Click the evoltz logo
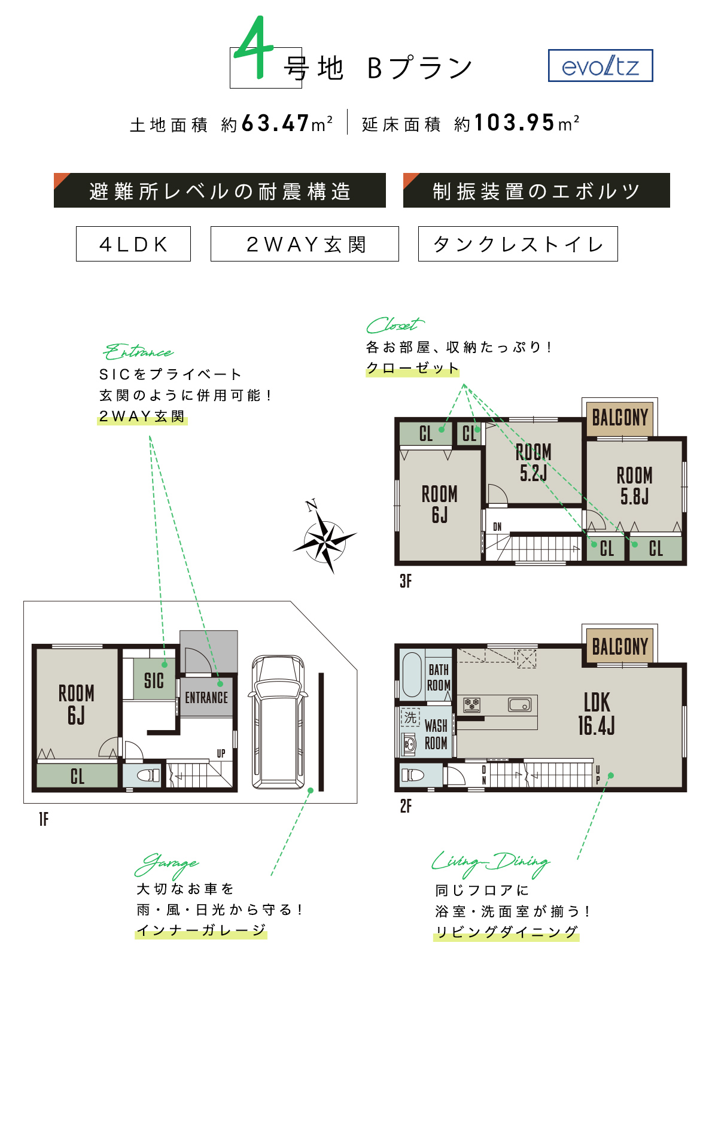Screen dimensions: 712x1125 (600, 66)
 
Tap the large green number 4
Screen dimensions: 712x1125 (254, 48)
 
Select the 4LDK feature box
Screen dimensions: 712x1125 (133, 244)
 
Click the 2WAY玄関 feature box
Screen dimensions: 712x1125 (305, 244)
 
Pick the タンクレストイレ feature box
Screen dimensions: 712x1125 (518, 244)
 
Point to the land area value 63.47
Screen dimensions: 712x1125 (275, 123)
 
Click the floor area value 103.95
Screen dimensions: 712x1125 (515, 123)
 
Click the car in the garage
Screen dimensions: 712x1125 (279, 722)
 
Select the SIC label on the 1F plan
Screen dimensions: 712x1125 (154, 680)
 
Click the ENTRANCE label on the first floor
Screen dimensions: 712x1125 (206, 698)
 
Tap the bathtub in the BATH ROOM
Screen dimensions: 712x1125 (412, 674)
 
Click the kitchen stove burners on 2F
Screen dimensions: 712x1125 (472, 704)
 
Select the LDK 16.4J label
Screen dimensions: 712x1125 (597, 714)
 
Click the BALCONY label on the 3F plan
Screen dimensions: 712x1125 (620, 417)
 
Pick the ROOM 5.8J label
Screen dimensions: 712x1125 (635, 486)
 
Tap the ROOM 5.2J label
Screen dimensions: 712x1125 (534, 462)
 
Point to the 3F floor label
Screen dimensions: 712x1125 (406, 581)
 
